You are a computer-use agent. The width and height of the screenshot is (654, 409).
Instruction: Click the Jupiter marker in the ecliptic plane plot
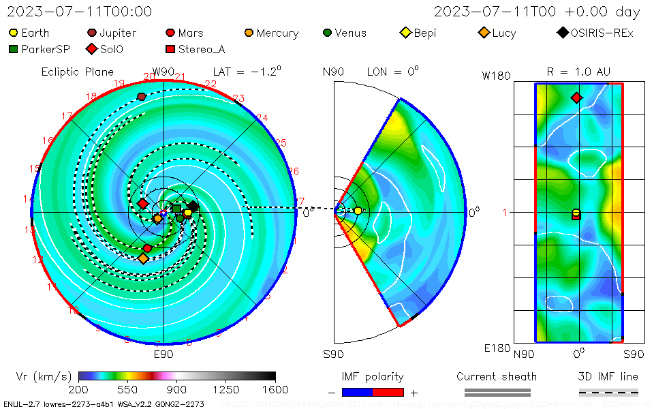[142, 97]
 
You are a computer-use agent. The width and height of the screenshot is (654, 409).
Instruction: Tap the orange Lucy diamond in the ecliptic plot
[143, 258]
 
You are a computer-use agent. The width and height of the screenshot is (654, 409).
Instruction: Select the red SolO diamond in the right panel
[577, 98]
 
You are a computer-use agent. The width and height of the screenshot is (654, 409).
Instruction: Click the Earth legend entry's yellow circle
[13, 33]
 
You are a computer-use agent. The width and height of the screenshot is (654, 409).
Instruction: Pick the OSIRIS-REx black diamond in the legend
[563, 33]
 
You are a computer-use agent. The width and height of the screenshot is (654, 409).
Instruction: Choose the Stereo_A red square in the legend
[170, 49]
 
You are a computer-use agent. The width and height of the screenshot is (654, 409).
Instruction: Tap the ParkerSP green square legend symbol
[13, 49]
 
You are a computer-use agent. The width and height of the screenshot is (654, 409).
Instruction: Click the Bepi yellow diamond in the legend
[405, 33]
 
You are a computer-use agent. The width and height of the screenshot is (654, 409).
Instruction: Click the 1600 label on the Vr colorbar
[275, 390]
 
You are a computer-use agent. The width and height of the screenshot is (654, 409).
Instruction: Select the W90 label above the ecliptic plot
[163, 72]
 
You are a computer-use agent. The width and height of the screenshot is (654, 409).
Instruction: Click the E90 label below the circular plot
[163, 354]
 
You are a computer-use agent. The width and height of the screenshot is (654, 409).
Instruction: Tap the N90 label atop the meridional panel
[333, 72]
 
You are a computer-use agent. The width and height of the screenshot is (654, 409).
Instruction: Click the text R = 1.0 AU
[578, 72]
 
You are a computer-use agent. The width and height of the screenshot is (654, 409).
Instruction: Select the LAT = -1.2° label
[247, 72]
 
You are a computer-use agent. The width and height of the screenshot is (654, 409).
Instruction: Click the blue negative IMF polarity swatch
[358, 392]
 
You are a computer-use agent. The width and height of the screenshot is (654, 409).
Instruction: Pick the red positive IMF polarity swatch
[388, 392]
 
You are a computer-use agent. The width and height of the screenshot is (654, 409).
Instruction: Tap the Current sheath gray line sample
[497, 392]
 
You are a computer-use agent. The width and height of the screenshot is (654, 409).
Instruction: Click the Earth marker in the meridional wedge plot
[358, 211]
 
